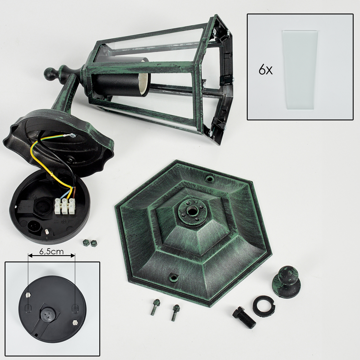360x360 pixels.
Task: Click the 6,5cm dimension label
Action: [51, 252]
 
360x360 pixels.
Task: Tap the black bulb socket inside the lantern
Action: [122, 78]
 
